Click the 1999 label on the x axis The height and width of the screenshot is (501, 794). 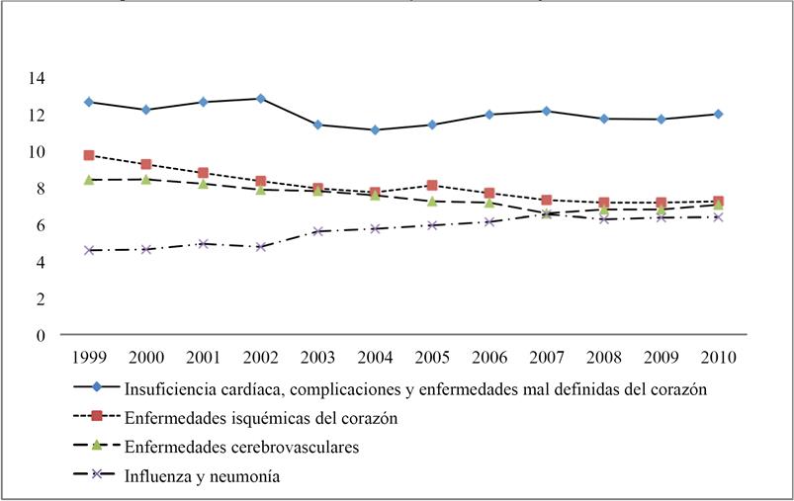(x=89, y=354)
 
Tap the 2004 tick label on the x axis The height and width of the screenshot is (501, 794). (x=375, y=354)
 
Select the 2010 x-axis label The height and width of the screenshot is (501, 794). (x=718, y=354)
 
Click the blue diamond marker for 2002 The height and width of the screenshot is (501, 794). (x=260, y=99)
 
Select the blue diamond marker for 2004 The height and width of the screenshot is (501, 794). (x=375, y=130)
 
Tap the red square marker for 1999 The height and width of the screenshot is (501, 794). (x=89, y=155)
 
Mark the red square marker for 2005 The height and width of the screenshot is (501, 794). (x=432, y=185)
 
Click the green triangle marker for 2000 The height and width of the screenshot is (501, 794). (x=146, y=179)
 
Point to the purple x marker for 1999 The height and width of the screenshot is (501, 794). (x=89, y=251)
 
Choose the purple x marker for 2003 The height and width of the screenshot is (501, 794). (x=317, y=231)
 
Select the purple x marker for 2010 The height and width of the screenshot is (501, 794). (x=718, y=217)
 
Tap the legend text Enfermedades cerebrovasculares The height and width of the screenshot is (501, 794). (x=241, y=447)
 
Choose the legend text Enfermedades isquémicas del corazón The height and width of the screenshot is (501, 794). (x=261, y=418)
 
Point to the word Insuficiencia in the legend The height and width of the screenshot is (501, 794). (x=169, y=388)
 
